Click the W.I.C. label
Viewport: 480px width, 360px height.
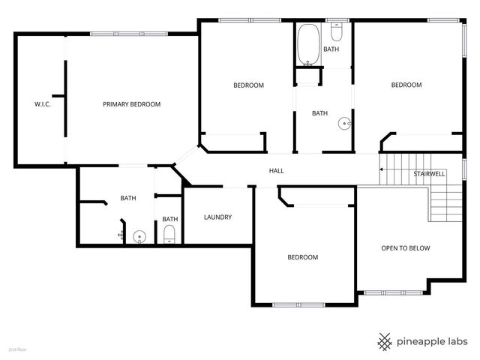(42, 104)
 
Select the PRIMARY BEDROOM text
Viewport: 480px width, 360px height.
(131, 104)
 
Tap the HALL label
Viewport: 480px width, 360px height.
(276, 171)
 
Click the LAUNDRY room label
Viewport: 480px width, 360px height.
(217, 217)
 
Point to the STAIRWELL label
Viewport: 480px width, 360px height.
(429, 174)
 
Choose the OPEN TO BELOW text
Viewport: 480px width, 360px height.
(405, 248)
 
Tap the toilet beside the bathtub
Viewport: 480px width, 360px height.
(337, 34)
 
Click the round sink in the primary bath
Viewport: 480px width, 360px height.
(139, 237)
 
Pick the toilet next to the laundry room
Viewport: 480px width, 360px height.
(169, 234)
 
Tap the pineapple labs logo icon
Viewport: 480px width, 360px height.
(385, 341)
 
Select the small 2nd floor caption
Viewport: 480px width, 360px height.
(17, 349)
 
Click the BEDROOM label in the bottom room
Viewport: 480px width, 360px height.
(302, 257)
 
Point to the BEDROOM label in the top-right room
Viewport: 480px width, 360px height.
(406, 85)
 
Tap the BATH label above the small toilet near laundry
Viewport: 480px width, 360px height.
(169, 219)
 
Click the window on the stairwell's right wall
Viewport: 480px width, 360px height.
(464, 169)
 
